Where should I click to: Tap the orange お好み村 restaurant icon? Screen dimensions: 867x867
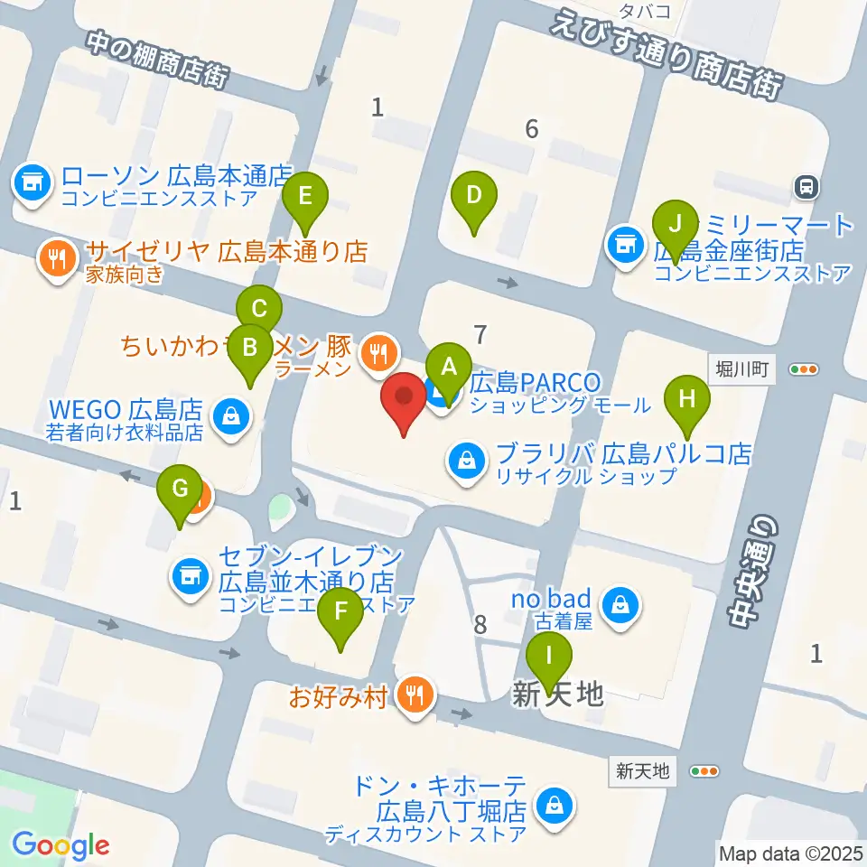coord(415,695)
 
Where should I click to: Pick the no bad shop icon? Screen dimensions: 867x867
coord(621,607)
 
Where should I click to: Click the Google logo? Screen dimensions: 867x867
coord(61,845)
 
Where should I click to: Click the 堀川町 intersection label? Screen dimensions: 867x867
coord(741,369)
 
